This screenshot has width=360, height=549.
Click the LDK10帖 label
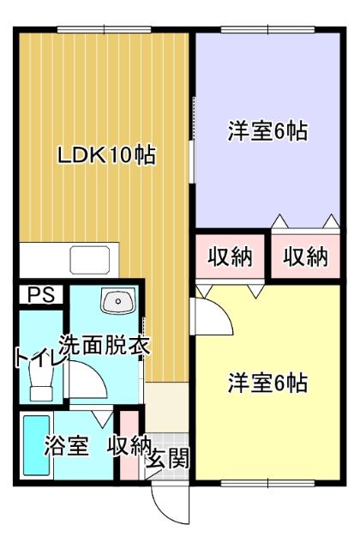coord(106,156)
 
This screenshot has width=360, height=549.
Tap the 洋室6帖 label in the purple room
coord(267,132)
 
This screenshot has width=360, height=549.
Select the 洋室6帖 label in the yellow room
coord(267,383)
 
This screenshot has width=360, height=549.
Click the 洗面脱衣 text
coord(105,346)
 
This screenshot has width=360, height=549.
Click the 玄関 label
coord(168,458)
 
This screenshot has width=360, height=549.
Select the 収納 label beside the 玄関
coord(129,446)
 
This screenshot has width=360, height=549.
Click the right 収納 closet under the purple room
coord(306,256)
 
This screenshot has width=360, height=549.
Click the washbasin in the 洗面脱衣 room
coord(117,302)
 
